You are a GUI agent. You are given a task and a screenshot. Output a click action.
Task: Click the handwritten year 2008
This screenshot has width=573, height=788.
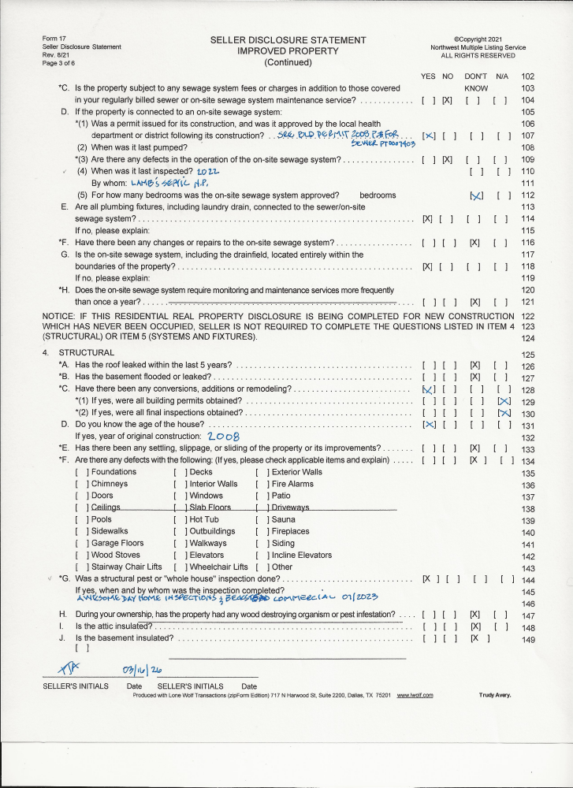pos(224,436)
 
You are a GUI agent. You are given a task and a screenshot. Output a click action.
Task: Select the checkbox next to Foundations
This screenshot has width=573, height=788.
pos(80,472)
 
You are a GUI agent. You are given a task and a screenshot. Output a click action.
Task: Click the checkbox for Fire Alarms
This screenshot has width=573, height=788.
pos(260,484)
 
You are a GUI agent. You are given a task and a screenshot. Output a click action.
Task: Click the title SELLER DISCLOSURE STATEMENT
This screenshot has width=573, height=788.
pos(288,40)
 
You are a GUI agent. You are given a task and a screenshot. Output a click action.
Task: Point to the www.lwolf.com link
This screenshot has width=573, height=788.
pos(415,695)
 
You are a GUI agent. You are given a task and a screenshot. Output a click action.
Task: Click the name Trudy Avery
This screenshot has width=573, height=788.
pos(494,695)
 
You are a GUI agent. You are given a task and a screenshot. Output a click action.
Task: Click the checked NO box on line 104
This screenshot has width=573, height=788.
pos(447,101)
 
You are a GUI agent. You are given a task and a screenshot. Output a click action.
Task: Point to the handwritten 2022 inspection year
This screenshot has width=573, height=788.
pos(207,171)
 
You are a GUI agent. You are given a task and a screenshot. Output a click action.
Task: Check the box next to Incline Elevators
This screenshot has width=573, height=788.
pos(260,555)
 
